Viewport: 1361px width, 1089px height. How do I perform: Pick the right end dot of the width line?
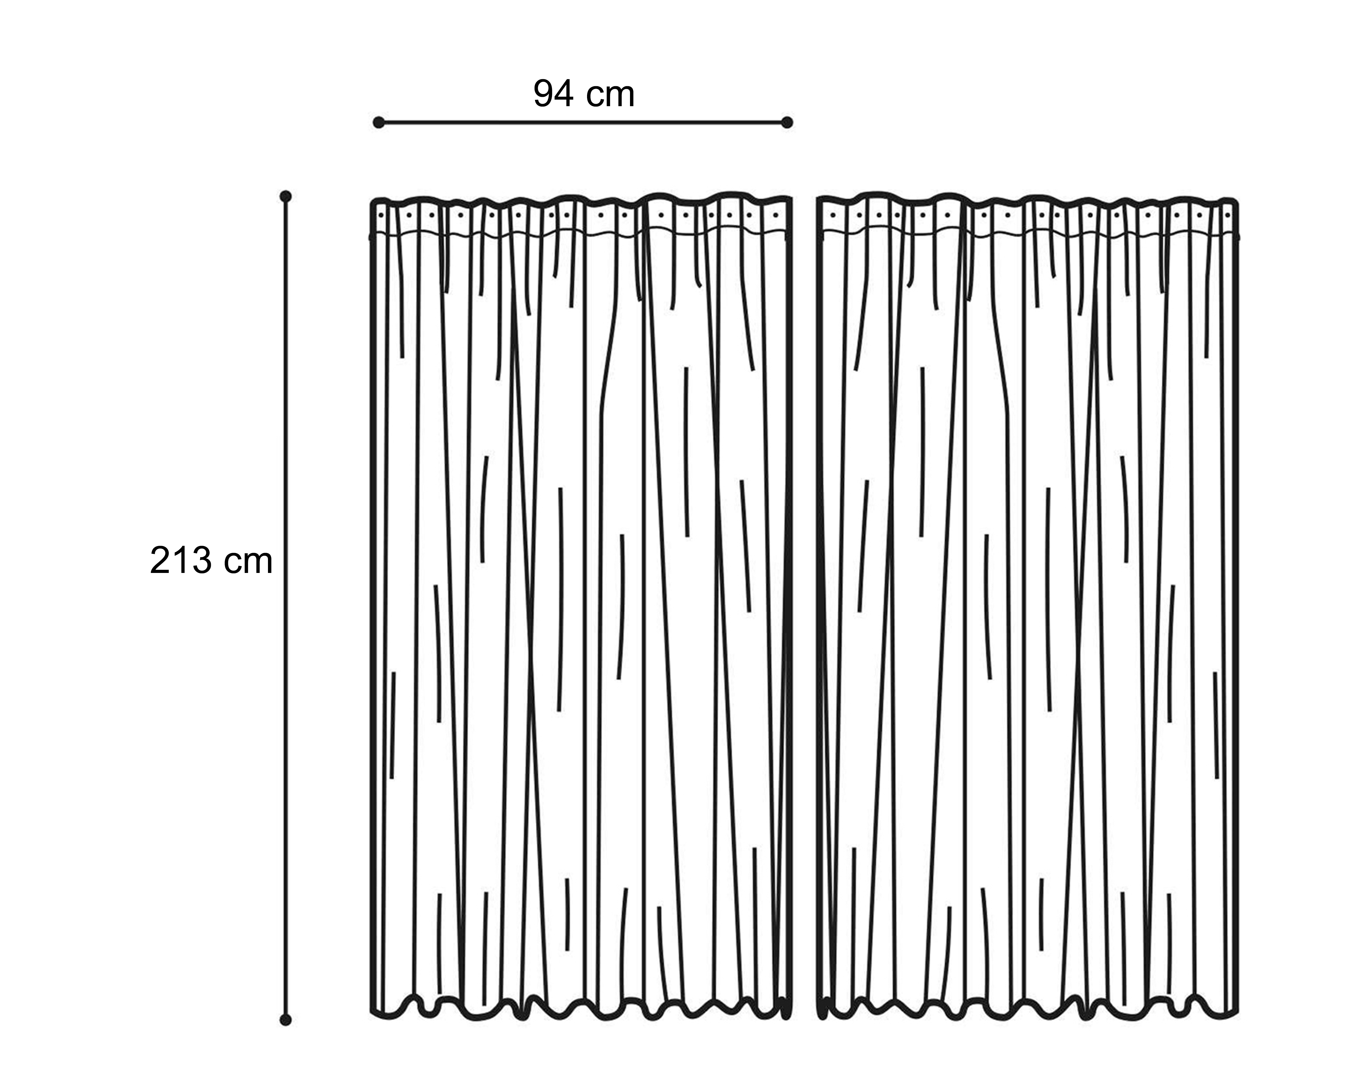point(787,123)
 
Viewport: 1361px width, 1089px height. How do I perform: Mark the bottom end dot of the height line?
point(285,1019)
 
